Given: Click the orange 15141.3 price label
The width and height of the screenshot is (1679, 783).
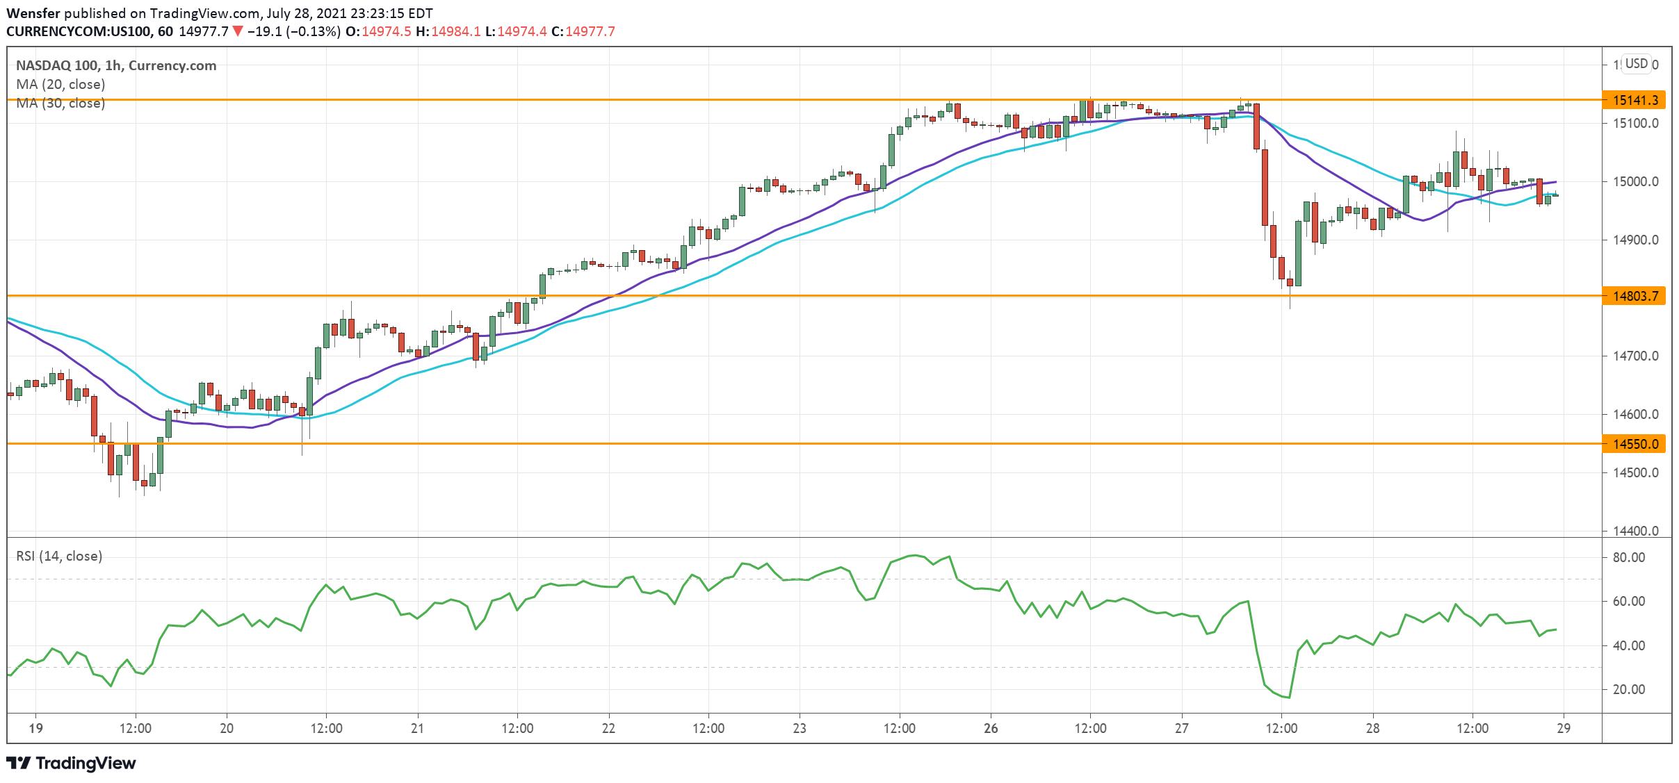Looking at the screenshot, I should tap(1635, 100).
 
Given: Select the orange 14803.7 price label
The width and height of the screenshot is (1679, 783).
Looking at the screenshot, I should tap(1635, 296).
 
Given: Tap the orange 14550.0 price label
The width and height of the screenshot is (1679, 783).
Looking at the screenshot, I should tap(1635, 444).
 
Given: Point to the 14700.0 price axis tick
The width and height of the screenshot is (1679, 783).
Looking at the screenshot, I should tap(1635, 356).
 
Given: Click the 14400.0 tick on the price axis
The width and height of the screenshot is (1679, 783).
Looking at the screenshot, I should tap(1635, 531).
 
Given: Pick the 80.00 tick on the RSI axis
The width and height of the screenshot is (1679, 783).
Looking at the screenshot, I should tap(1628, 557).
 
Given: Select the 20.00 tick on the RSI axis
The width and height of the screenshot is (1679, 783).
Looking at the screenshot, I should tap(1628, 689).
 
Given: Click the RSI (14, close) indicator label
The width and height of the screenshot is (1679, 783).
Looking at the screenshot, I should tap(59, 556).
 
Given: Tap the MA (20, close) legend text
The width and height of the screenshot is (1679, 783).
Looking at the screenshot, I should tap(60, 84).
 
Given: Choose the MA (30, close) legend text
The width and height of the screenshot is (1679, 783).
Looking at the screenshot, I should tap(60, 103).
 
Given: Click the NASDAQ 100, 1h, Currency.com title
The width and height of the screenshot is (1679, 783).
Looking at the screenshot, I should tap(116, 65).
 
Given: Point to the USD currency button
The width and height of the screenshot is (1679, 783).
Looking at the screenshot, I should tap(1637, 64).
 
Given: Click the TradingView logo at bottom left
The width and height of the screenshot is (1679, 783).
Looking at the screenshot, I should tap(72, 763).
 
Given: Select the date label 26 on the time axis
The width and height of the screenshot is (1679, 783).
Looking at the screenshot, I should tap(991, 728).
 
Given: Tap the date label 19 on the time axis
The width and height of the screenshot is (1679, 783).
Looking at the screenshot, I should tap(35, 728).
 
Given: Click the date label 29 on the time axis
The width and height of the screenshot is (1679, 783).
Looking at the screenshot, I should tap(1564, 728).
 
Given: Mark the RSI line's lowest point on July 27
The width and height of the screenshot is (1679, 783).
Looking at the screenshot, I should tap(1289, 698).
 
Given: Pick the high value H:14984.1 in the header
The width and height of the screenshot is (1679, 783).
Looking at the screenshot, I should tap(448, 31).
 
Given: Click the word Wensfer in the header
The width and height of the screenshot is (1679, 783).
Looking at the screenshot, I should tap(33, 13).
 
